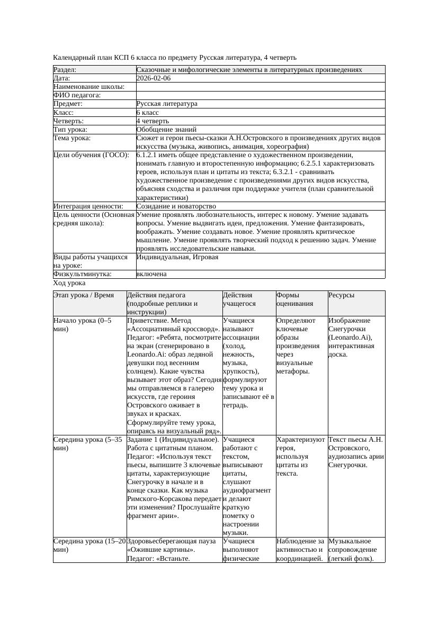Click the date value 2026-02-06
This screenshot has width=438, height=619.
pyautogui.click(x=154, y=78)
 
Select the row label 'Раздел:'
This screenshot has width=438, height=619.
pyautogui.click(x=65, y=70)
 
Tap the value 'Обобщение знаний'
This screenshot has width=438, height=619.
pyautogui.click(x=166, y=130)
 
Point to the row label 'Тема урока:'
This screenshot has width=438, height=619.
pyautogui.click(x=72, y=138)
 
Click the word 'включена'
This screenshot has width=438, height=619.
pyautogui.click(x=151, y=274)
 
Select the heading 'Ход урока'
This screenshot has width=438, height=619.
pyautogui.click(x=69, y=283)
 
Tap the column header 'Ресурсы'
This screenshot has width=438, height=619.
pyautogui.click(x=342, y=295)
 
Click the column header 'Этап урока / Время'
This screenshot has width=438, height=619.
pyautogui.click(x=84, y=295)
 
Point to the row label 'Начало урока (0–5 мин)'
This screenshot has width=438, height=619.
pyautogui.click(x=82, y=325)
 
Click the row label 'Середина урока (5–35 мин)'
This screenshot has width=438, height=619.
pyautogui.click(x=87, y=444)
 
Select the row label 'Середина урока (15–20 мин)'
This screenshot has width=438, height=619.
pyautogui.click(x=89, y=545)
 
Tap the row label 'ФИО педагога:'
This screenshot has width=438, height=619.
pyautogui.click(x=77, y=95)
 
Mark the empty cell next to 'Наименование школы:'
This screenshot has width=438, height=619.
pyautogui.click(x=260, y=87)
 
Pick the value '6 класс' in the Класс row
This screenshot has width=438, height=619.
pyautogui.click(x=148, y=113)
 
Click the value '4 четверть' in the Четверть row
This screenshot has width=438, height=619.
pyautogui.click(x=153, y=121)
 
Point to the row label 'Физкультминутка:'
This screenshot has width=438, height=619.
pyautogui.click(x=82, y=274)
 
